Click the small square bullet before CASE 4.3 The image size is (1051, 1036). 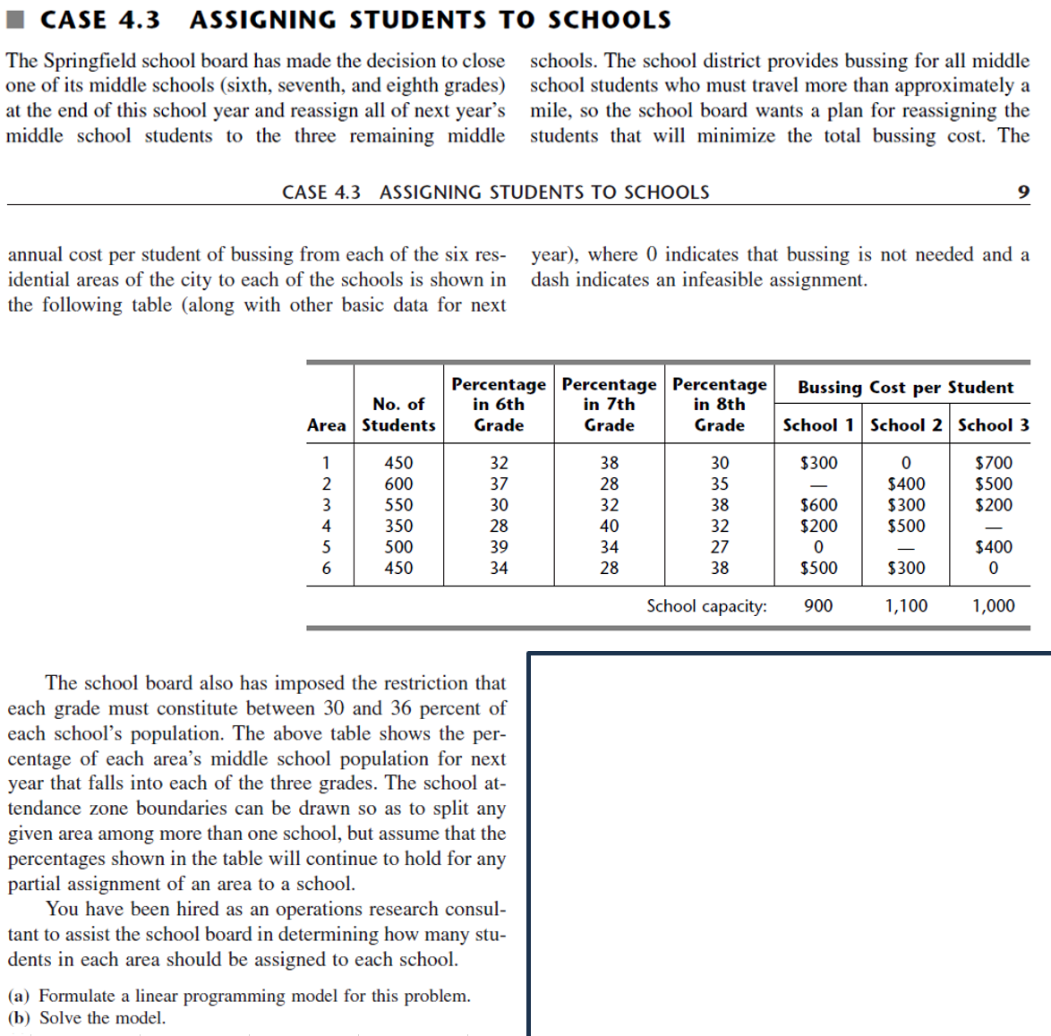19,20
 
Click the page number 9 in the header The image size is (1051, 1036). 1023,193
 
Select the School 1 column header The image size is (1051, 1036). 817,425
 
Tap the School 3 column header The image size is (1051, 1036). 993,425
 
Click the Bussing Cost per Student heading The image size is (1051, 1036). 905,388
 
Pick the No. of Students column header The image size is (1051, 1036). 398,415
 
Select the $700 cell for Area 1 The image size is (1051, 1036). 993,463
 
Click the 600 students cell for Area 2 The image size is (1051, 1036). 398,484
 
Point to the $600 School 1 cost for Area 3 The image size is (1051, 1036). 818,505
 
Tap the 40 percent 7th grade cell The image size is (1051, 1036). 609,526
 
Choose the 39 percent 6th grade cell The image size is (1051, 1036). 499,547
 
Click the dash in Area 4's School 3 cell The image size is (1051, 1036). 993,527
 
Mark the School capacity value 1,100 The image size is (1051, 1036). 906,606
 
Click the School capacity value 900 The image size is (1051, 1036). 818,606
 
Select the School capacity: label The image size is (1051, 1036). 706,606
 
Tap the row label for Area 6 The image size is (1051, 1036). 326,568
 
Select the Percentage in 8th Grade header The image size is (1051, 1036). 719,405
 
